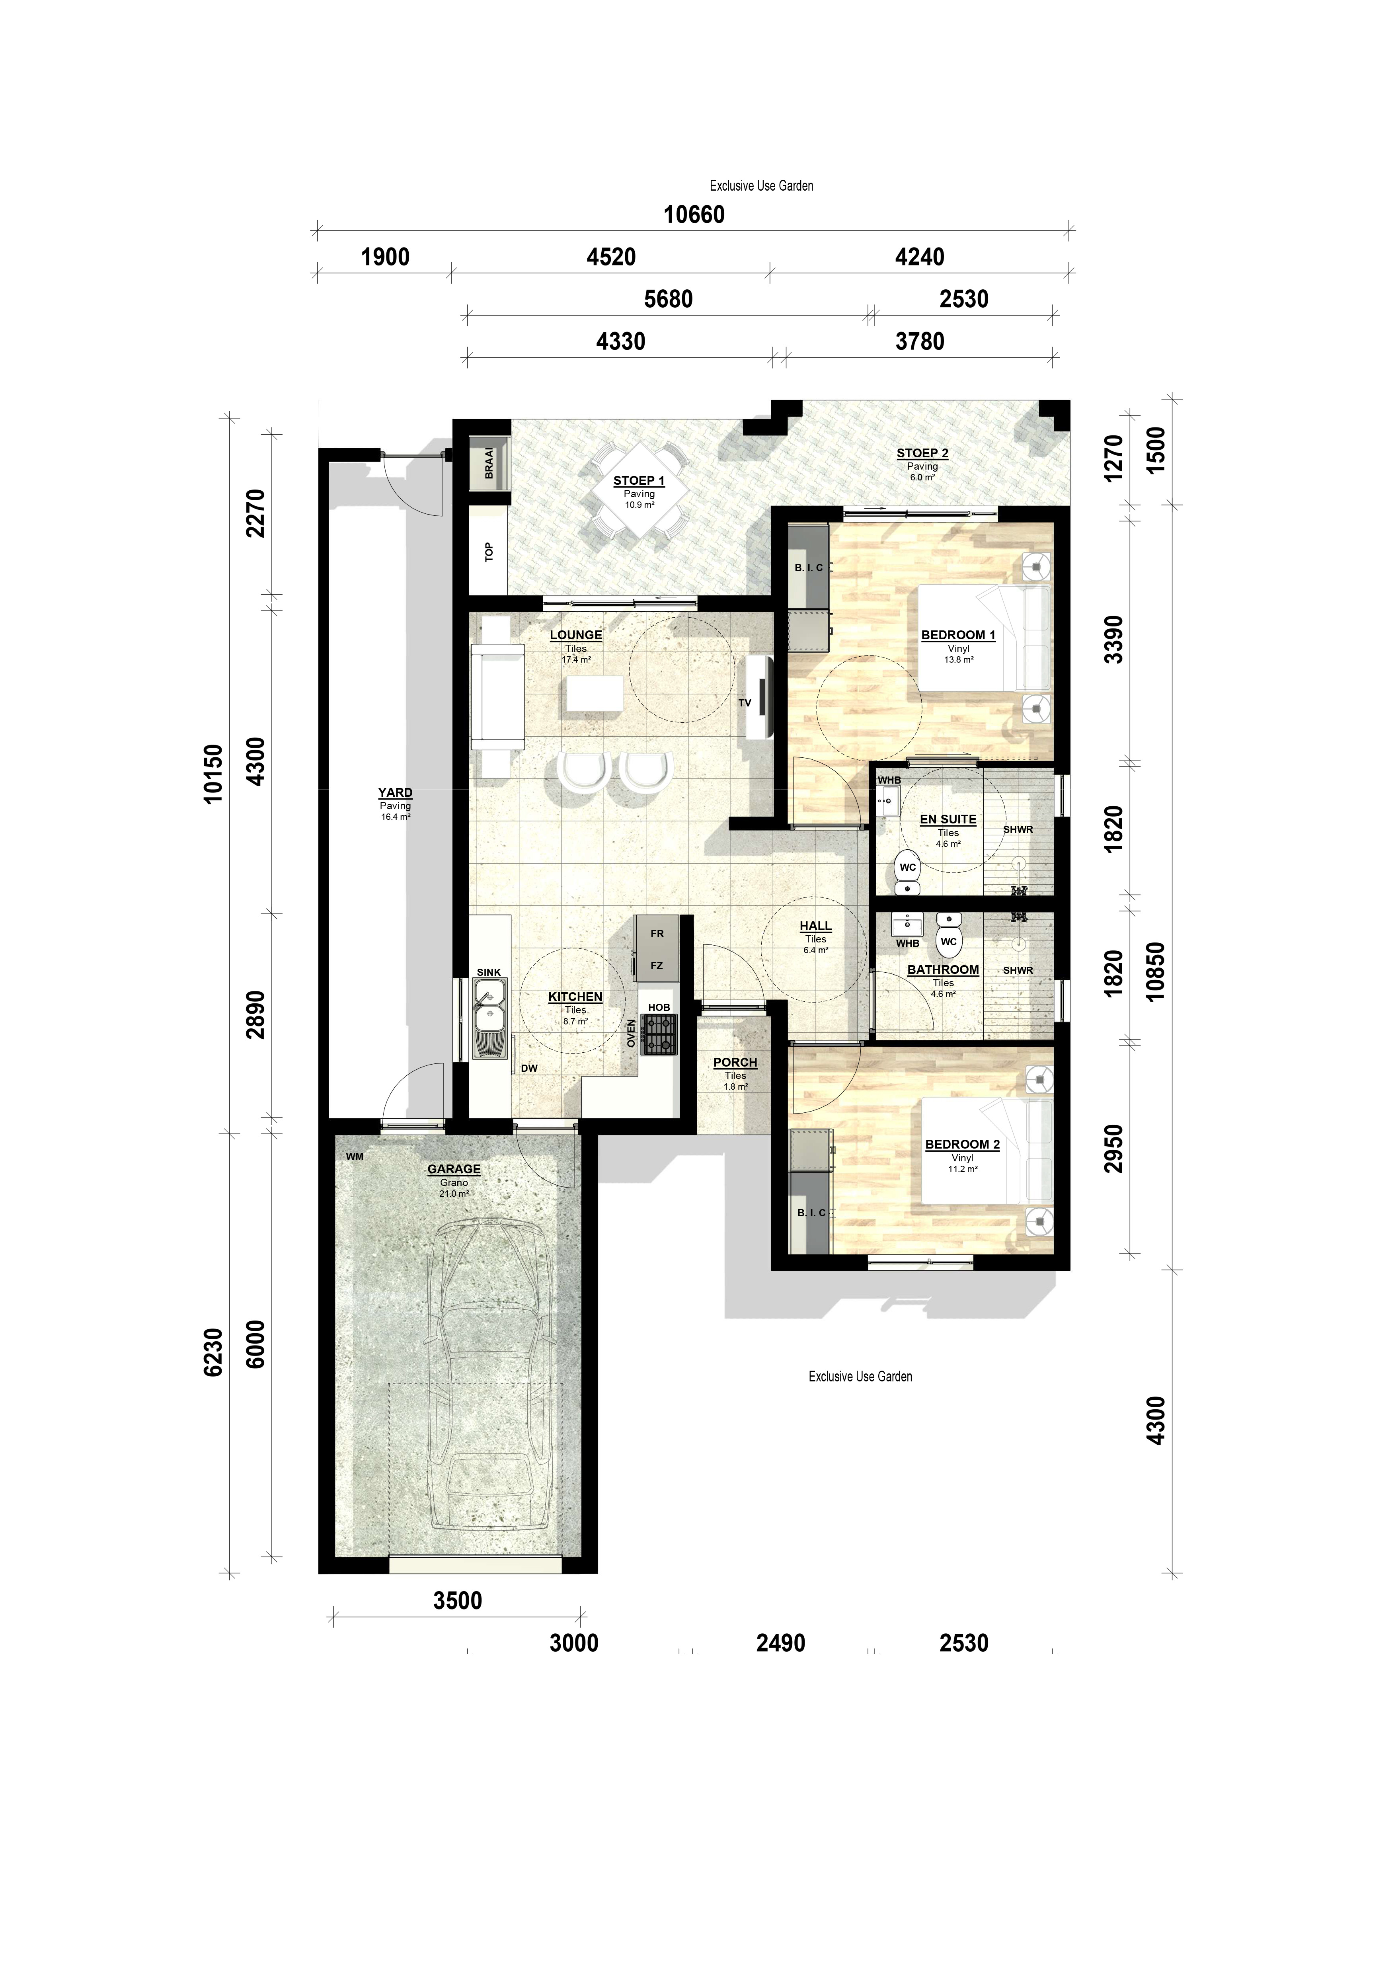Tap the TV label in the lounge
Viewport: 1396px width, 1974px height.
(745, 702)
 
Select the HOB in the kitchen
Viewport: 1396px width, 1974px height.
(660, 1034)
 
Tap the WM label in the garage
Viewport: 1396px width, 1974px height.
(354, 1157)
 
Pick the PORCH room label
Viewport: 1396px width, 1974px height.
(735, 1063)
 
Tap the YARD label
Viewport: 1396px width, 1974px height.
(396, 793)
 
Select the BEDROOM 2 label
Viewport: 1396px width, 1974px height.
(962, 1144)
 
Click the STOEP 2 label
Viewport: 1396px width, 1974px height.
(922, 453)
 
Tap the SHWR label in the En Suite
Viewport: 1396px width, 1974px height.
(1018, 830)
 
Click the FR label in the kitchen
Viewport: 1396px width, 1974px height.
(657, 934)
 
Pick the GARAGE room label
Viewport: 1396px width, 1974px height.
(454, 1169)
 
